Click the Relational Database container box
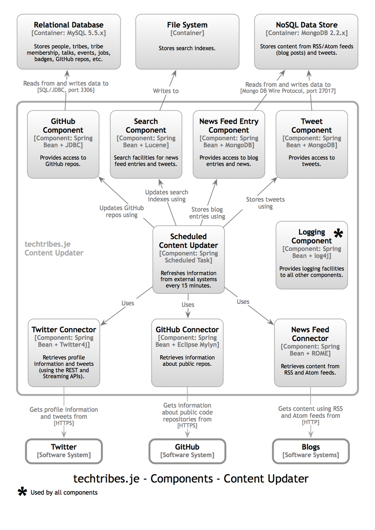(x=68, y=42)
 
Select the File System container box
(x=187, y=42)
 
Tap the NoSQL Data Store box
(x=306, y=42)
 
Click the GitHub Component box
(x=63, y=144)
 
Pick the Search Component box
(x=146, y=144)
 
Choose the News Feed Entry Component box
(x=229, y=144)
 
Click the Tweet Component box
(x=311, y=144)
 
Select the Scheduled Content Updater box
(x=188, y=259)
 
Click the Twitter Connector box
(x=64, y=352)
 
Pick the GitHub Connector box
(x=187, y=352)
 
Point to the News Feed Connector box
(x=310, y=352)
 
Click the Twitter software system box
(x=64, y=450)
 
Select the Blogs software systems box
(x=311, y=450)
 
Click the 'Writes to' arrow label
(x=166, y=91)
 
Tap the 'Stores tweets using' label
(x=265, y=203)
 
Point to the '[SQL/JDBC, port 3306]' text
(x=66, y=90)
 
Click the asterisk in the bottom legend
(x=22, y=492)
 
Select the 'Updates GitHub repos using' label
(x=121, y=211)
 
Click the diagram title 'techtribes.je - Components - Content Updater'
(x=190, y=478)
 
